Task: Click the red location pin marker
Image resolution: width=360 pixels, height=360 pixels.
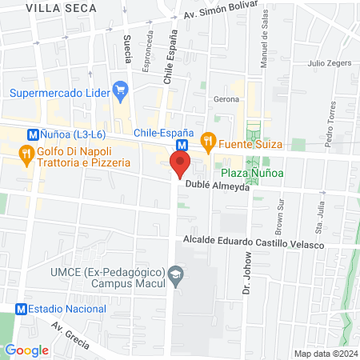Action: point(180,166)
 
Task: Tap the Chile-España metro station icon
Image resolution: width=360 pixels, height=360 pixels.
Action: point(182,146)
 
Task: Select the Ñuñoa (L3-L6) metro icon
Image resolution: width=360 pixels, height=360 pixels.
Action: point(33,135)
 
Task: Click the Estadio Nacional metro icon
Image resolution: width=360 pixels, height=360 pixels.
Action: point(20,308)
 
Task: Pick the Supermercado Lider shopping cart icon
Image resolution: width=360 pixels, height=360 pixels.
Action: point(121,89)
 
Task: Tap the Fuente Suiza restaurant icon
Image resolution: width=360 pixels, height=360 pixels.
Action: point(208,143)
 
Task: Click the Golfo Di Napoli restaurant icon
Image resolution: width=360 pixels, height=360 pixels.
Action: point(26,154)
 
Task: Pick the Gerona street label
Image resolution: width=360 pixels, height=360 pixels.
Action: point(226,99)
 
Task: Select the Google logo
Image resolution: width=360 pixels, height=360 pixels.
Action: point(26,350)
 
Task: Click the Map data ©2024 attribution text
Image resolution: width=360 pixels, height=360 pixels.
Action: point(325,354)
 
